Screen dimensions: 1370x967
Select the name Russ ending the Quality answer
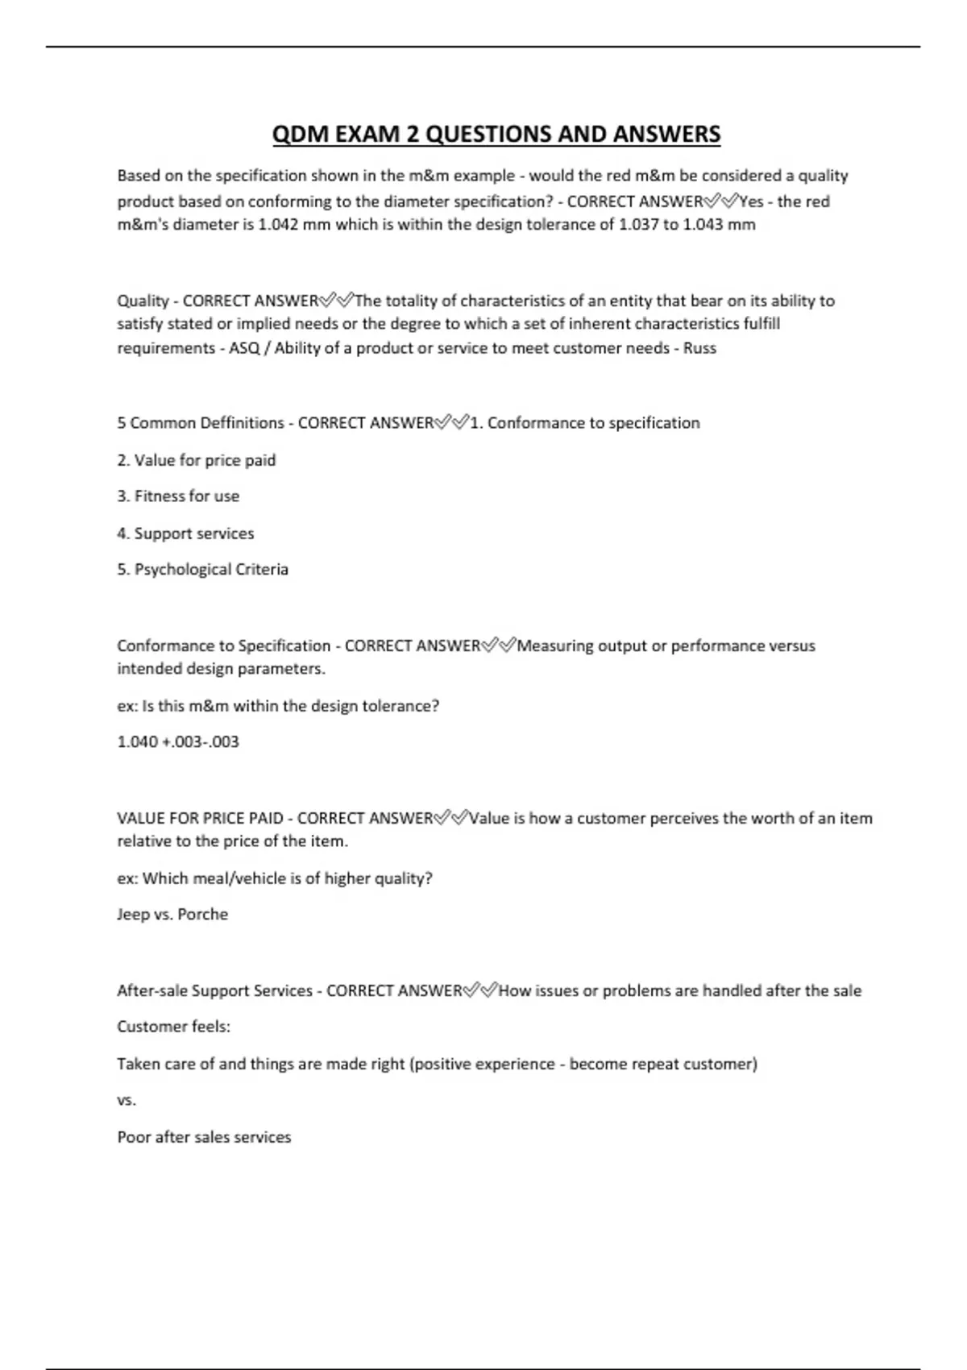click(x=699, y=348)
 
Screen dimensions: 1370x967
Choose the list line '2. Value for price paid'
click(x=197, y=460)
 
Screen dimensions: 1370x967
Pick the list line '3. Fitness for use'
click(x=178, y=496)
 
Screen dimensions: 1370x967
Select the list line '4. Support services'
click(x=185, y=533)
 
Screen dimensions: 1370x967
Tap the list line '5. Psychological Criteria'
click(x=202, y=570)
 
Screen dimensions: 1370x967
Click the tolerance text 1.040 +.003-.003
click(x=178, y=741)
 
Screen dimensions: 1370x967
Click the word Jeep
click(x=133, y=915)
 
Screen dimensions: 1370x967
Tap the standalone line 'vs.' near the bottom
click(x=127, y=1101)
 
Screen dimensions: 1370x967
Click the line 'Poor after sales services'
click(x=204, y=1137)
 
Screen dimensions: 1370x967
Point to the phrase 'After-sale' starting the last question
click(x=151, y=990)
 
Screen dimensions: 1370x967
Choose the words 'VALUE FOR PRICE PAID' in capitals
click(x=200, y=819)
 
